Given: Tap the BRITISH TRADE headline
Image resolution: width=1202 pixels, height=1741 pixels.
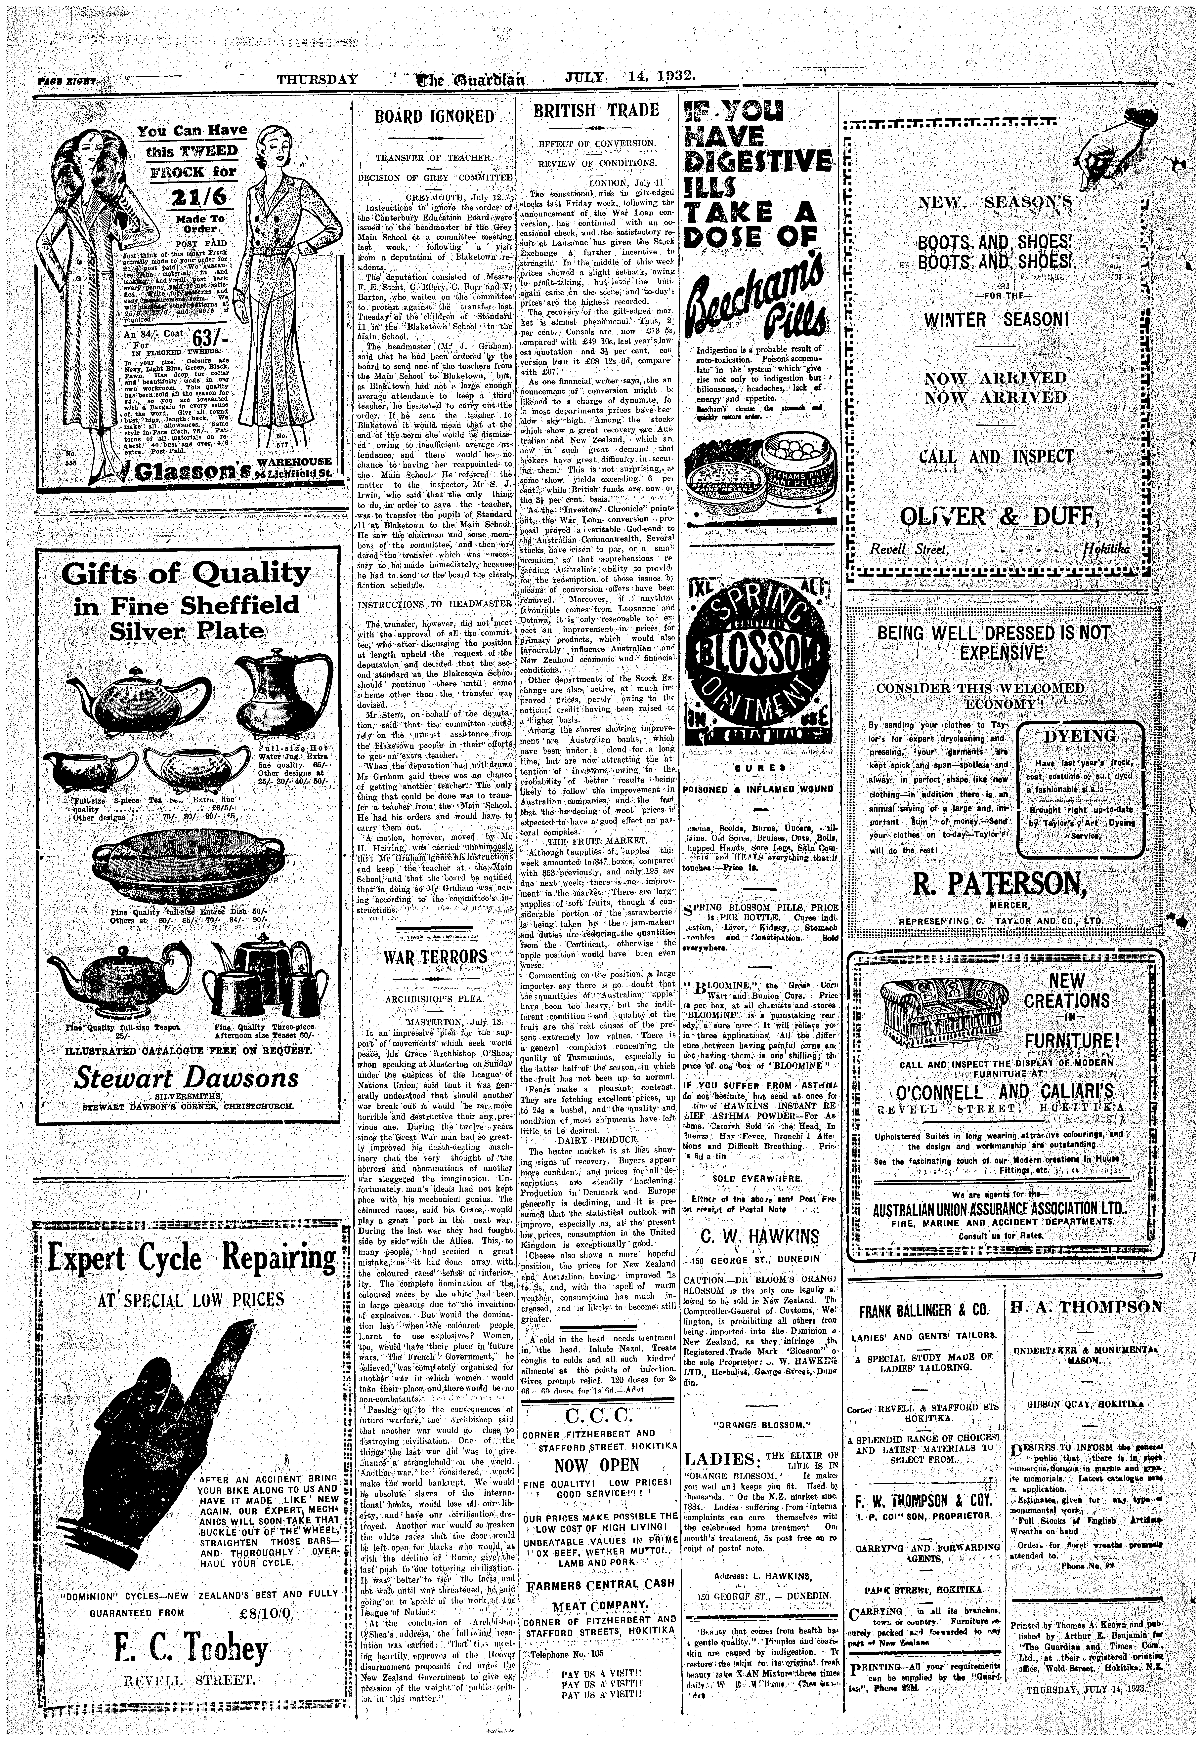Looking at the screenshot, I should point(596,111).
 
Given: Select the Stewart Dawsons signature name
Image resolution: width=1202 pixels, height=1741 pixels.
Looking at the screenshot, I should point(186,1077).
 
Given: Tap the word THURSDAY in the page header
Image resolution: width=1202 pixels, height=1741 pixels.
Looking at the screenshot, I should point(316,78).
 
